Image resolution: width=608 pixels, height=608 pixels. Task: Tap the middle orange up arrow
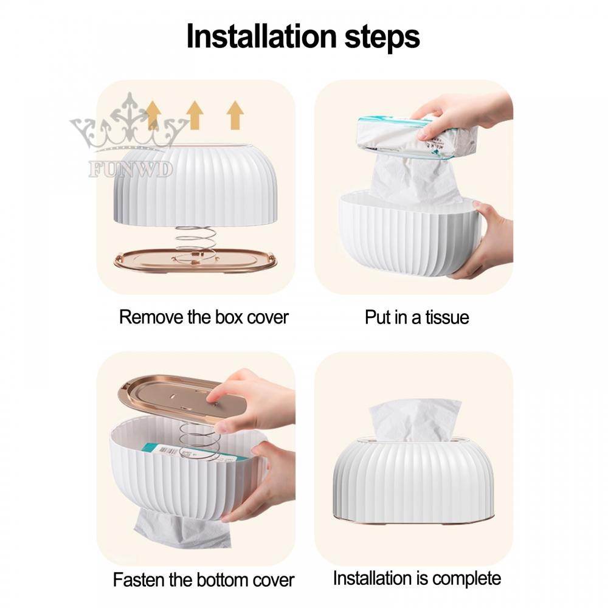[x=195, y=115]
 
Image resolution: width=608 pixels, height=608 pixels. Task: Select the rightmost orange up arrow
[x=235, y=115]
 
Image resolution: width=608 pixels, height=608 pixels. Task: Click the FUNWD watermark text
[x=131, y=169]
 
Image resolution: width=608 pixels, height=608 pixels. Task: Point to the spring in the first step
[x=195, y=240]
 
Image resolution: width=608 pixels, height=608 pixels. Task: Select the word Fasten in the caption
[x=141, y=579]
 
